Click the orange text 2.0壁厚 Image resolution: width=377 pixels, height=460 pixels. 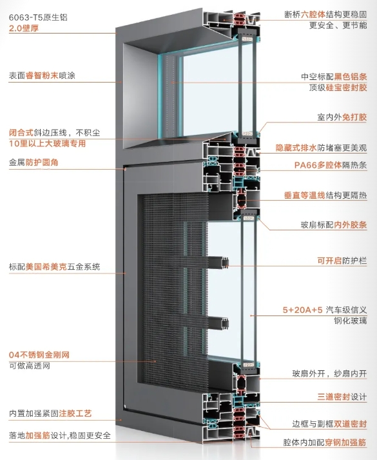click(24, 28)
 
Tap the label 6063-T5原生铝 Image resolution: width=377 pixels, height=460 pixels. click(38, 17)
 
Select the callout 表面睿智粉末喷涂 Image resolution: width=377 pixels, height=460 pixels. click(42, 75)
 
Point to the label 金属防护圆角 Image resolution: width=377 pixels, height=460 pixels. click(34, 162)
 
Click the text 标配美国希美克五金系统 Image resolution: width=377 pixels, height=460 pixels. click(55, 266)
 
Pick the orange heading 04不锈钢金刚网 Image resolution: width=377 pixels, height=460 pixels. click(39, 355)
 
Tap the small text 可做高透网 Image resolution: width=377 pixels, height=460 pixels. click(29, 366)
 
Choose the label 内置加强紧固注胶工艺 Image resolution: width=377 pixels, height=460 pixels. click(50, 414)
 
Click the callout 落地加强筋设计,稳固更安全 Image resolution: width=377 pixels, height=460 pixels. click(60, 435)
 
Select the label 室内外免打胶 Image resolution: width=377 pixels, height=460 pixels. click(342, 117)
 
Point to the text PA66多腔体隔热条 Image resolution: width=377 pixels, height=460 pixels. click(331, 165)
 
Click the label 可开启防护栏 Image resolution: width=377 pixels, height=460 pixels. click(342, 261)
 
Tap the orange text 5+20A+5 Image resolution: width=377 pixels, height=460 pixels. click(302, 310)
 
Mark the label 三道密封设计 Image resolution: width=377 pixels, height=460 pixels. click(342, 397)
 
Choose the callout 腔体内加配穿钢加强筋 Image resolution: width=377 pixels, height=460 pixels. click(325, 443)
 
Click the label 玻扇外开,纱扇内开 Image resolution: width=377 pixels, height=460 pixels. click(329, 374)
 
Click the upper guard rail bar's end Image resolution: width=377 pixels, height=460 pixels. click(226, 263)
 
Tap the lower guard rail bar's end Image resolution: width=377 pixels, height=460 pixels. click(226, 323)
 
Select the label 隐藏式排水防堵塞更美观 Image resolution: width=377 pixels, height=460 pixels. click(321, 148)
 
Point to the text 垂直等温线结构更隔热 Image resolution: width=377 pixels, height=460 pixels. click(325, 195)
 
